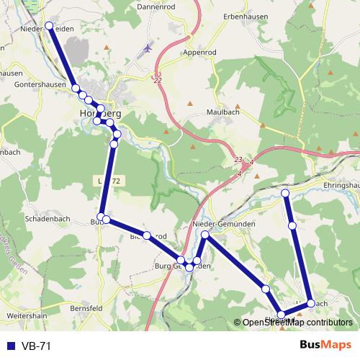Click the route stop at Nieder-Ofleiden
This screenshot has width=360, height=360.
pos(50,26)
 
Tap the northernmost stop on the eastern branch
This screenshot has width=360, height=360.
pos(285,194)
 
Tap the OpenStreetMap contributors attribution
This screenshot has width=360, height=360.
pos(297,323)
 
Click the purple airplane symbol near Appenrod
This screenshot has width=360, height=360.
pos(148,49)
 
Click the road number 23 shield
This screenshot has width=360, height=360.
pos(238,160)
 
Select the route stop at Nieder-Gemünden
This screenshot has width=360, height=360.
pos(205,235)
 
